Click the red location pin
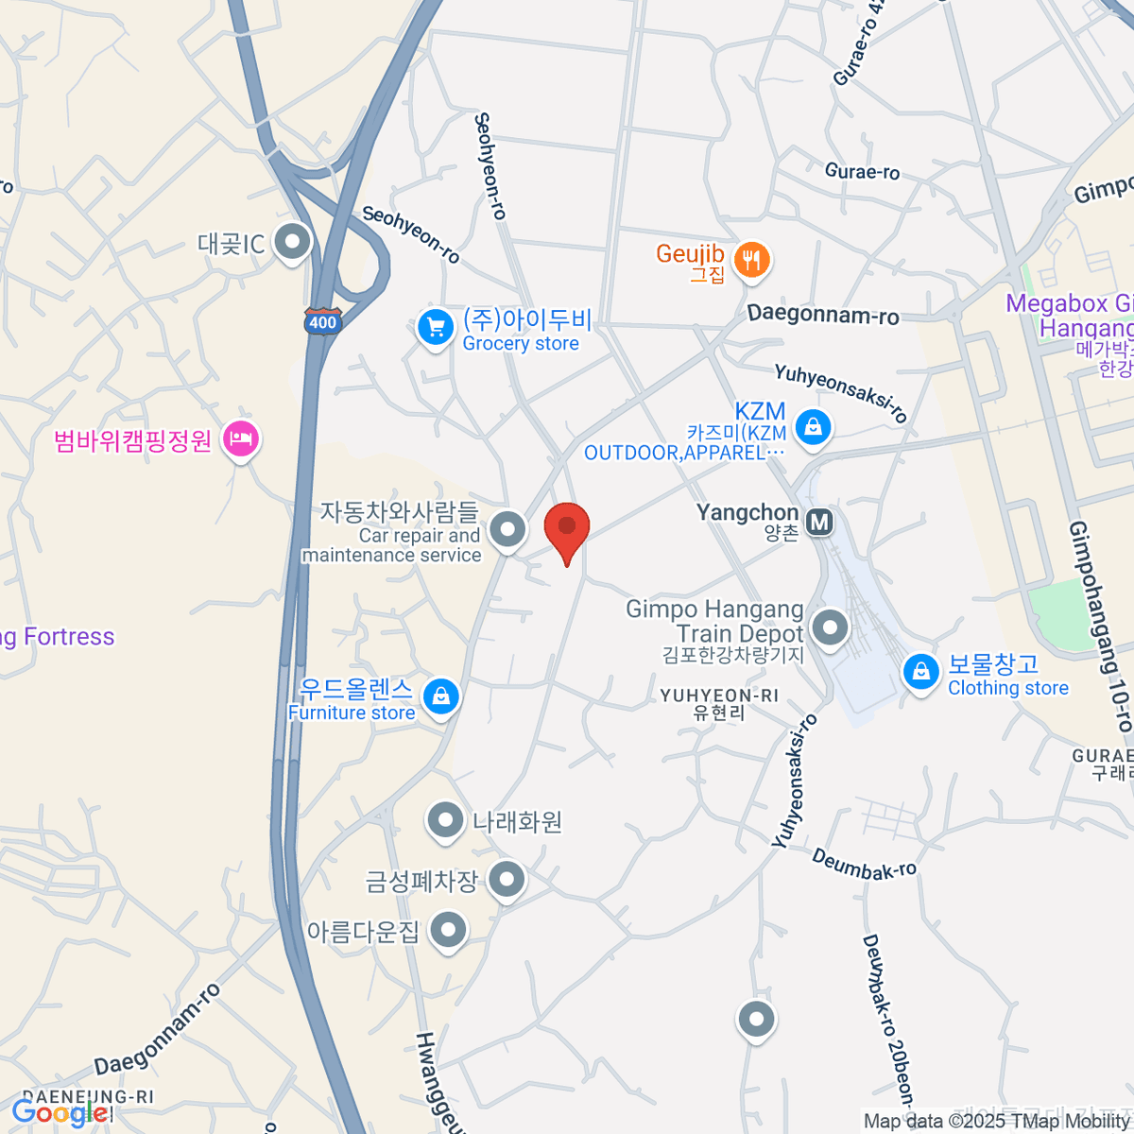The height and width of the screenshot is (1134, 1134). (567, 530)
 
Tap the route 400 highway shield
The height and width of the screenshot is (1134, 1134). (322, 321)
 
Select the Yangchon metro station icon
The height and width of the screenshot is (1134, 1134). (819, 521)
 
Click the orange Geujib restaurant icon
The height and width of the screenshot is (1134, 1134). (752, 259)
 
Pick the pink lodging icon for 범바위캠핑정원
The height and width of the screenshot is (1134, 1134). (241, 439)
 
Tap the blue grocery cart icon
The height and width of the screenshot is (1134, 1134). (436, 329)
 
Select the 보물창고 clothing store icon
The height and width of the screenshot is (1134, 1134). (920, 673)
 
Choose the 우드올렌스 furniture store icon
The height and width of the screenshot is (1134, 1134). (440, 697)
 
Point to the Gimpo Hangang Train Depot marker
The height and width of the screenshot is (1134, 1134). (831, 627)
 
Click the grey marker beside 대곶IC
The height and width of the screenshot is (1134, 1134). (293, 242)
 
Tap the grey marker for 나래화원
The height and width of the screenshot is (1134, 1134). (445, 822)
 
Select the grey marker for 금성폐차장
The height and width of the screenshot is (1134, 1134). (508, 881)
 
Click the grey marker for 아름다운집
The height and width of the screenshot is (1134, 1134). (449, 931)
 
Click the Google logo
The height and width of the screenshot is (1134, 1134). (59, 1113)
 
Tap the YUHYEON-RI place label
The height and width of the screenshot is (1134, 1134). (719, 696)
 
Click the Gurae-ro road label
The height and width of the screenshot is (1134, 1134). (862, 172)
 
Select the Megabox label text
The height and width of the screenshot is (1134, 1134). (1068, 304)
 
